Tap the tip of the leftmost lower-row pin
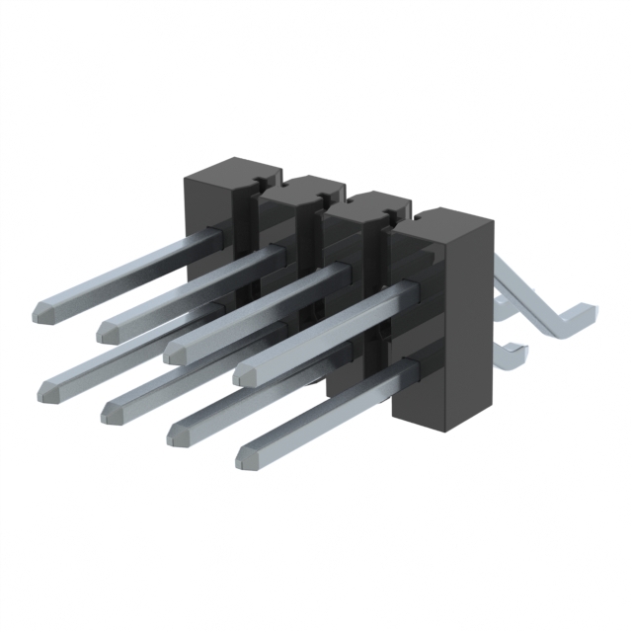coord(46,391)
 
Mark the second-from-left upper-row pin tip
coord(110,327)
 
